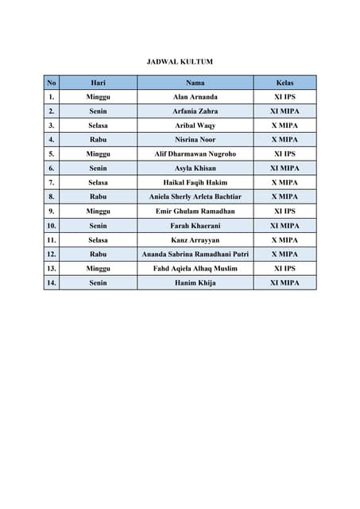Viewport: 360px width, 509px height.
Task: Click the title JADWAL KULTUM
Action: [x=180, y=61]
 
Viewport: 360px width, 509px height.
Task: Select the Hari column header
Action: [x=99, y=83]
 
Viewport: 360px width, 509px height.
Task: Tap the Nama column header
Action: [x=195, y=83]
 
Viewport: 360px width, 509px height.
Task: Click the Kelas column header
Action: [x=285, y=83]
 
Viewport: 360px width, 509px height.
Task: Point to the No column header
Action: [x=52, y=83]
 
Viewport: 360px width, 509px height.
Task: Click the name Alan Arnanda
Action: [x=195, y=97]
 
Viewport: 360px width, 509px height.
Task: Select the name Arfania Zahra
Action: [x=195, y=111]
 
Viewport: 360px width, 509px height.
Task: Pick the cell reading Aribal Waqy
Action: [x=195, y=126]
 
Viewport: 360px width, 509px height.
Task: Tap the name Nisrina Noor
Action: [x=195, y=140]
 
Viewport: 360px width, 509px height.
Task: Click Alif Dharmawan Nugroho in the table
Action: [x=195, y=154]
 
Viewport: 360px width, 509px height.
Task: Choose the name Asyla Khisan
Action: [x=195, y=169]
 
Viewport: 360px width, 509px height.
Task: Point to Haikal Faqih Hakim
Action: [x=195, y=183]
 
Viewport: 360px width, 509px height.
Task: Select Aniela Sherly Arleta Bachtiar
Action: [x=195, y=196]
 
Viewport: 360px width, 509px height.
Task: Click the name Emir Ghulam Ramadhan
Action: [x=195, y=211]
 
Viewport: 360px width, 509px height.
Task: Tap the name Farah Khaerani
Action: [x=195, y=226]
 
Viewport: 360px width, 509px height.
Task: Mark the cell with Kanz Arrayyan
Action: [x=195, y=240]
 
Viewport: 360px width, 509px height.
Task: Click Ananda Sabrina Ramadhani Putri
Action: [x=195, y=254]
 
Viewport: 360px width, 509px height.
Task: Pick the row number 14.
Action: [x=52, y=282]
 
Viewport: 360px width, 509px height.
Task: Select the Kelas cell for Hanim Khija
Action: [x=285, y=282]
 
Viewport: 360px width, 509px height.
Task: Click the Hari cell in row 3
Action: [x=99, y=126]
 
